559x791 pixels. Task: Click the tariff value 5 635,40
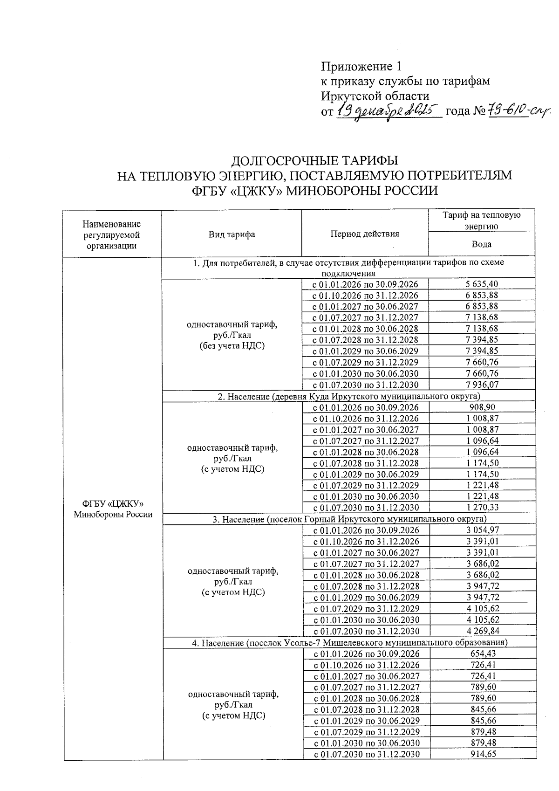(x=482, y=284)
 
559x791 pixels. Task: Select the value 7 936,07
(x=482, y=385)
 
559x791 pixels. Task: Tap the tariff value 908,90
(x=482, y=407)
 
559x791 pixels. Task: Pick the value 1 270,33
(x=482, y=508)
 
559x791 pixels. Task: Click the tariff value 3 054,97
(x=482, y=530)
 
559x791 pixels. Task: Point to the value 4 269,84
(x=482, y=631)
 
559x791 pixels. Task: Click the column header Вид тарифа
(x=232, y=234)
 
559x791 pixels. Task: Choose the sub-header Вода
(x=481, y=244)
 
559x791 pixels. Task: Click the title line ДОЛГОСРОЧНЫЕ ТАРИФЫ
(x=315, y=161)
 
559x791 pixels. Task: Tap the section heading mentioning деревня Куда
(x=348, y=396)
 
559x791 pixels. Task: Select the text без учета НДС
(x=232, y=346)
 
